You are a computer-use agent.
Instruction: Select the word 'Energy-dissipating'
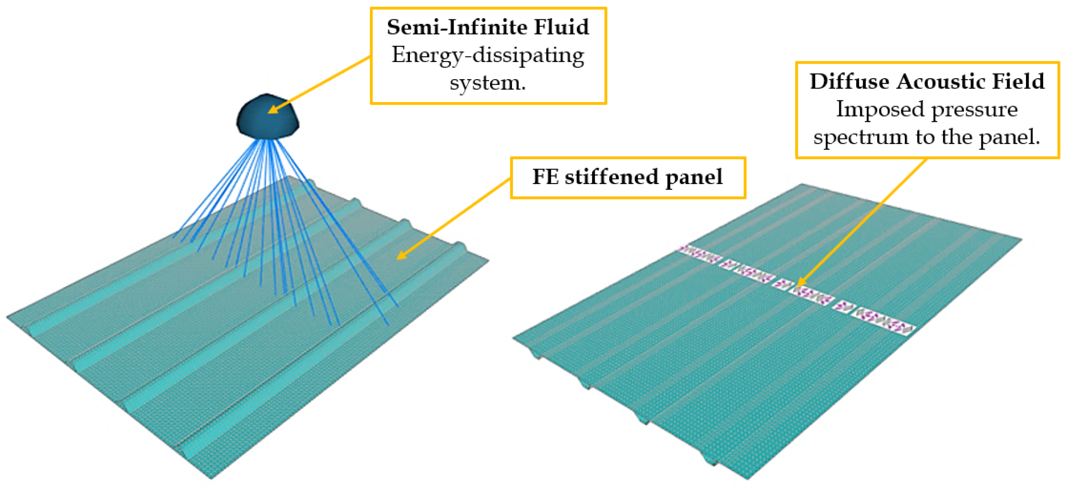pyautogui.click(x=488, y=56)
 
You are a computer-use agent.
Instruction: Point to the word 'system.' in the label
pyautogui.click(x=488, y=83)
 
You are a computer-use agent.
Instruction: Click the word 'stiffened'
pyautogui.click(x=612, y=177)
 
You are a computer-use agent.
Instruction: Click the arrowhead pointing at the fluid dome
pyautogui.click(x=272, y=109)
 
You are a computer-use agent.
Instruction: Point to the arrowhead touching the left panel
pyautogui.click(x=400, y=256)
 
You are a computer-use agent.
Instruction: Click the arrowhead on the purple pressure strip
pyautogui.click(x=801, y=283)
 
